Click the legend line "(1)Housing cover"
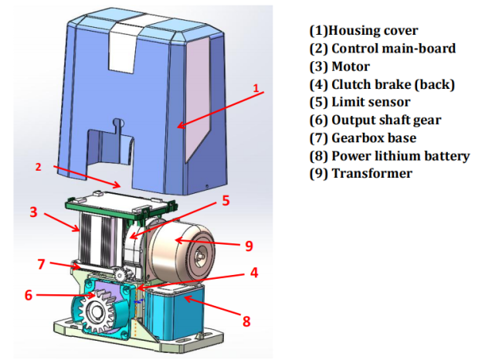click(363, 31)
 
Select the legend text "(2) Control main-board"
click(382, 49)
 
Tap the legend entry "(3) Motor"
click(339, 66)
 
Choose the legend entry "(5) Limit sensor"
click(359, 102)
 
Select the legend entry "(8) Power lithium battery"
click(389, 155)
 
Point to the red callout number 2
click(36, 165)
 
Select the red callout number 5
click(226, 201)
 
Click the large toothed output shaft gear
click(100, 313)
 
